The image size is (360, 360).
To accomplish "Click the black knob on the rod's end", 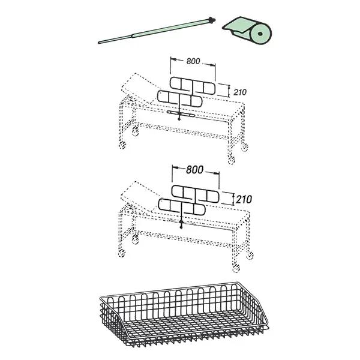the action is [x=211, y=20].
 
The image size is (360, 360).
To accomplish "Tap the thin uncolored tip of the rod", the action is [x=115, y=39].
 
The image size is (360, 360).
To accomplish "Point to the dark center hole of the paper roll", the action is [x=260, y=34].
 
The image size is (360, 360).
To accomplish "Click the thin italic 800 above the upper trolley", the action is [x=193, y=61].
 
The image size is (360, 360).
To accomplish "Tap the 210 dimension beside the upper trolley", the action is [x=240, y=92].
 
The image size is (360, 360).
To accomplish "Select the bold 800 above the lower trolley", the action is [x=194, y=170].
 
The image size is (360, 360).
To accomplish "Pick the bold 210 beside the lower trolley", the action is [x=244, y=199].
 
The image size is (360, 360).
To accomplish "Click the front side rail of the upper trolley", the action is [x=180, y=99].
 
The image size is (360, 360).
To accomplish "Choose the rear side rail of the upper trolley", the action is [x=193, y=86].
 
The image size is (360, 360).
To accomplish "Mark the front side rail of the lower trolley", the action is [x=182, y=207].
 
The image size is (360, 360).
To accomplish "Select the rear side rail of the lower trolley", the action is [x=196, y=194].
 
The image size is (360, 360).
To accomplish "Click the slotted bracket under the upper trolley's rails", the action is [x=181, y=113].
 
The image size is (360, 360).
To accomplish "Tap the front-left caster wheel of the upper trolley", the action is [x=122, y=145].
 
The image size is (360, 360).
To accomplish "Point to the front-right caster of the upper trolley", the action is [x=232, y=160].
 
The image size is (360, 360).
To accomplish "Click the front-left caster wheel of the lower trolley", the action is [x=122, y=253].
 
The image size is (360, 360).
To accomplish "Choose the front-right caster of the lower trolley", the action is [x=236, y=268].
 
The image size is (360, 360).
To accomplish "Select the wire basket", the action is [x=184, y=317].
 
